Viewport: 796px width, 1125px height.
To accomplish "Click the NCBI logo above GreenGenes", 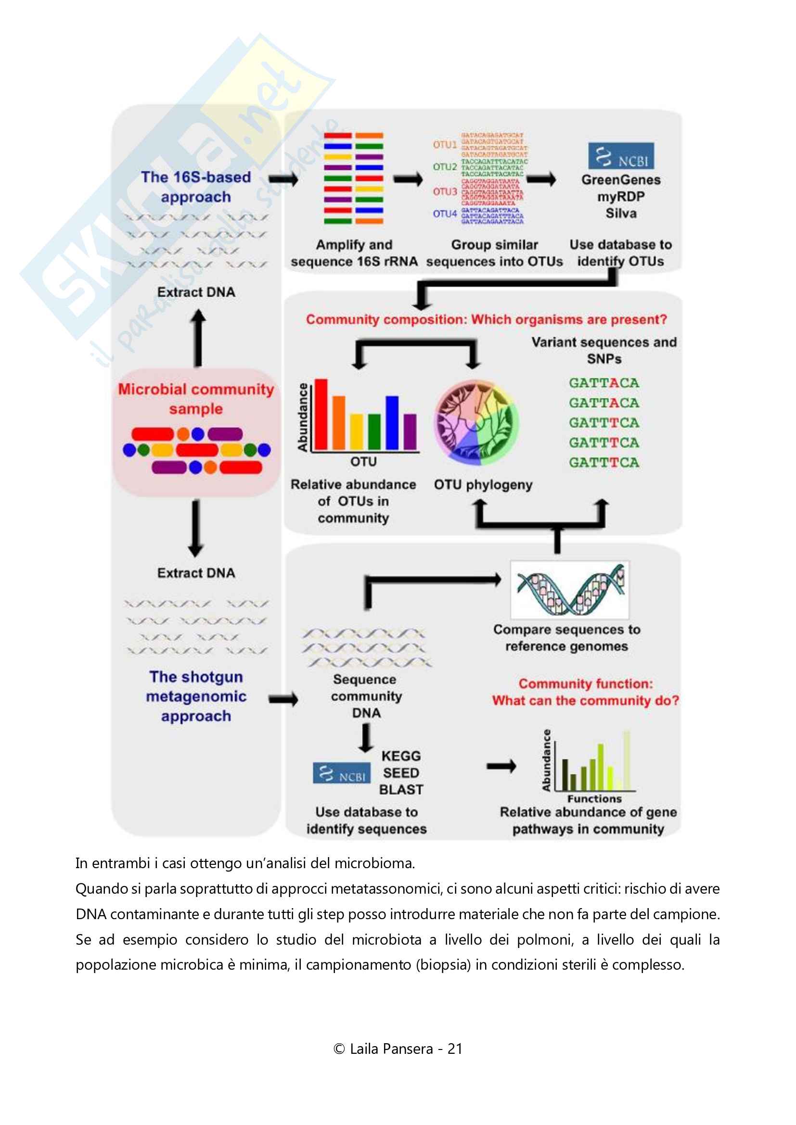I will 620,156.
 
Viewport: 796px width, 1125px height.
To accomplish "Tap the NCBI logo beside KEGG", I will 342,773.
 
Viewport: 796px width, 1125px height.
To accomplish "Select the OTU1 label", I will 444,145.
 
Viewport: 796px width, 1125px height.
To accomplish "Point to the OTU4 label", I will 444,214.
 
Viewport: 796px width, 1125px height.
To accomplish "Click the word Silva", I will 620,213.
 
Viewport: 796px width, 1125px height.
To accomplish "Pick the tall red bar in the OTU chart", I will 321,414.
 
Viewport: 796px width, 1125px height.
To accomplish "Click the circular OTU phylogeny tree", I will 476,422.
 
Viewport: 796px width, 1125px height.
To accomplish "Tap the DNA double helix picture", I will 569,590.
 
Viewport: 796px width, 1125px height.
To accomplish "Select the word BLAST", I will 401,789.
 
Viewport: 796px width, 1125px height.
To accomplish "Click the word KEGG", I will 401,756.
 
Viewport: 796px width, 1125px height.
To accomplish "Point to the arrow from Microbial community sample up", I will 198,338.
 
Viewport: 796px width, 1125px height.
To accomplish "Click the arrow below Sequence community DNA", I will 366,738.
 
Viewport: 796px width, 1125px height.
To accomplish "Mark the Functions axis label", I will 594,799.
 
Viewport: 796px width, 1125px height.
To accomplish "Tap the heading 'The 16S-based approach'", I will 196,187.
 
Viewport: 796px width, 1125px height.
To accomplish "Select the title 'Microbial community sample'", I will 196,398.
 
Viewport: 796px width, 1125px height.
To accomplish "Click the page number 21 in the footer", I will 455,1049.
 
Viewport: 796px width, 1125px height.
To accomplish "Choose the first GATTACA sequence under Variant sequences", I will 604,383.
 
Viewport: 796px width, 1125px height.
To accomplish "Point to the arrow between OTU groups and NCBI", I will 541,179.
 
